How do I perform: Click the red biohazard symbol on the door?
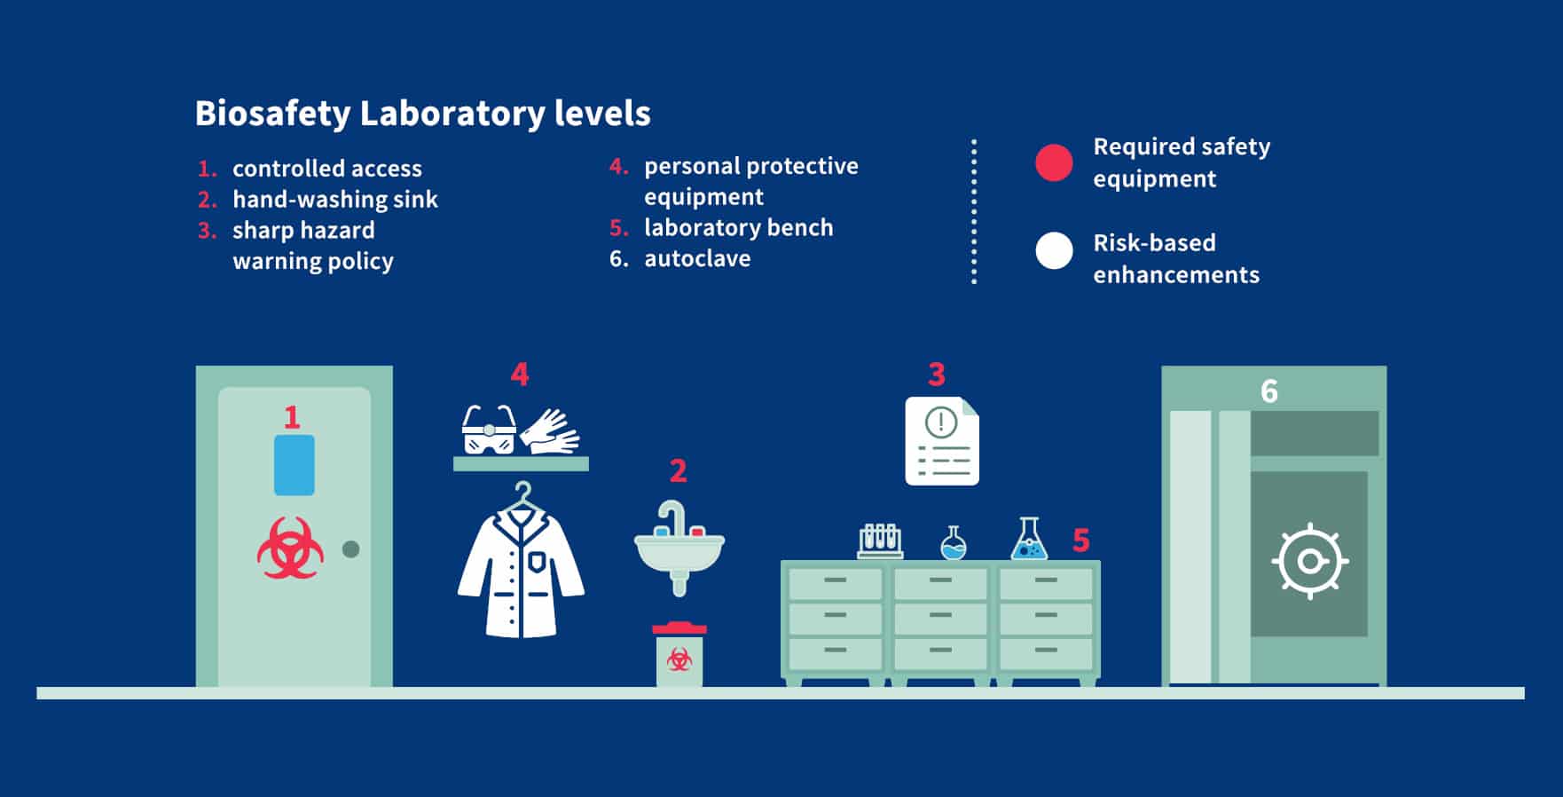tap(290, 548)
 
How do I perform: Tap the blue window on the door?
tap(295, 465)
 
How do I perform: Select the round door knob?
tap(351, 549)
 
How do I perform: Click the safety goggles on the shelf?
tap(489, 430)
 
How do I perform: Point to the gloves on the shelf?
tap(549, 431)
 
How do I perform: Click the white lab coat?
tap(522, 565)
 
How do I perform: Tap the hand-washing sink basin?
tap(679, 553)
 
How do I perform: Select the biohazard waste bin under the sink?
tap(679, 654)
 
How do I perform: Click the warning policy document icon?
tap(942, 441)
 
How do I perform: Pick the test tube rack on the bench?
tap(880, 541)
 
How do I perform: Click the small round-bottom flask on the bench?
tap(954, 543)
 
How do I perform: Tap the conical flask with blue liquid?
tap(1029, 539)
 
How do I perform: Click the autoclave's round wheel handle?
tap(1310, 562)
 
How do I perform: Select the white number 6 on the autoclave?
tap(1269, 391)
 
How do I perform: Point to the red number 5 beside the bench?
tap(1080, 540)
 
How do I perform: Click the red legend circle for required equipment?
tap(1054, 162)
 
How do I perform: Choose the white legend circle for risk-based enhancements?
tap(1054, 250)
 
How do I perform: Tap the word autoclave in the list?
tap(697, 258)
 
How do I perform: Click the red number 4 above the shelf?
tap(520, 375)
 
